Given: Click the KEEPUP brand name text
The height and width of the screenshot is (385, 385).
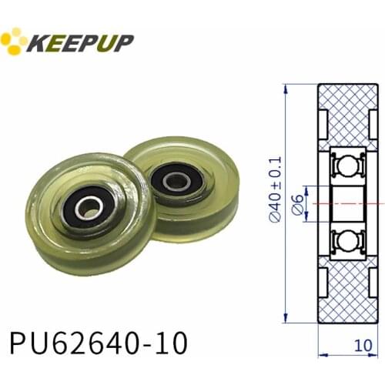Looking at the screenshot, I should pos(81,42).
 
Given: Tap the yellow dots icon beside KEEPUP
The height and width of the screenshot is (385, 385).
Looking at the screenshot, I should pos(14,41).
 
